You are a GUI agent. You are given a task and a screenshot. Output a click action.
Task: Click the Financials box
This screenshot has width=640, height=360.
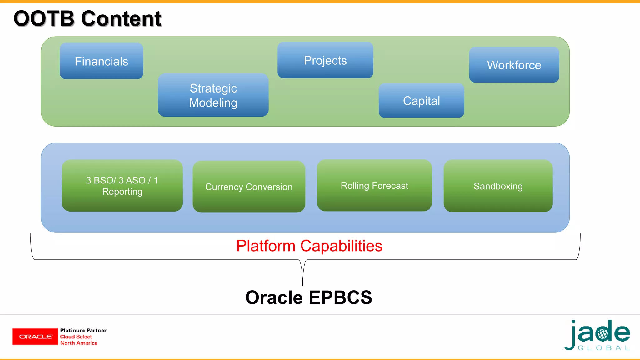(102, 61)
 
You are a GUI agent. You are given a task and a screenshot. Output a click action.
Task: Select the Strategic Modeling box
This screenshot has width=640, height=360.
(213, 95)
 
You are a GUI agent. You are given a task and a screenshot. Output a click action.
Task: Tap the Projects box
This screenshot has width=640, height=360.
(325, 60)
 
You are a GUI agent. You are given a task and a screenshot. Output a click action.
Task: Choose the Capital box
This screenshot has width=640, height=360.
(421, 100)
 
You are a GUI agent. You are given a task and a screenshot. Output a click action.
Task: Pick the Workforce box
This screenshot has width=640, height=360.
(514, 65)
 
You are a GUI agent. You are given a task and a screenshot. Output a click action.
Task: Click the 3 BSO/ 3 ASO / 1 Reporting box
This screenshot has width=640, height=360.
(122, 186)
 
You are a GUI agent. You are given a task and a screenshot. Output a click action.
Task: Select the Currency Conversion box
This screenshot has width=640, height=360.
(249, 187)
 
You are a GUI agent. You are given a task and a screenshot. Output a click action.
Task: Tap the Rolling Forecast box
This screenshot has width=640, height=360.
(374, 185)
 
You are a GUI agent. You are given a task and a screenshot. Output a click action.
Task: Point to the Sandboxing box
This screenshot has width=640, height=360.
(498, 186)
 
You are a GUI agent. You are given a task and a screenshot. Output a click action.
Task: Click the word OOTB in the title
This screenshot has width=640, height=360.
(44, 18)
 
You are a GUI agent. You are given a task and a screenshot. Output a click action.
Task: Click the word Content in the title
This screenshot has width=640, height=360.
(121, 18)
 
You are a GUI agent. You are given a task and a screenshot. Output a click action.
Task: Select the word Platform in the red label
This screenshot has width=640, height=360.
(266, 246)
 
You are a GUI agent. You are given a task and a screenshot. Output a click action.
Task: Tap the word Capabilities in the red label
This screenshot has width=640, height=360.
(341, 246)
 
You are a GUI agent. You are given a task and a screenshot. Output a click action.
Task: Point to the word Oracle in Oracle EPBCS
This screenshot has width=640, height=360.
(274, 297)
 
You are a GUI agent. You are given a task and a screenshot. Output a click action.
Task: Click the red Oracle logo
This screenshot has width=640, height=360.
(35, 337)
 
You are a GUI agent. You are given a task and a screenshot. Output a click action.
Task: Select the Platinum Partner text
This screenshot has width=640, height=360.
(83, 330)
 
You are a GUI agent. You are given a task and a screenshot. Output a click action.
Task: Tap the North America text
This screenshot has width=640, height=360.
(79, 343)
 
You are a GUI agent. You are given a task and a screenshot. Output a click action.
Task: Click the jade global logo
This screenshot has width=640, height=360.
(597, 335)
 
